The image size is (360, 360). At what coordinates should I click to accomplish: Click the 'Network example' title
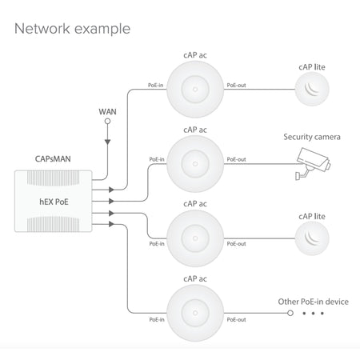[x=72, y=29]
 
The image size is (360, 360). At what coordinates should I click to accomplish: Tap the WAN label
[x=107, y=111]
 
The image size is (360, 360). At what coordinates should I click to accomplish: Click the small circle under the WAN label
[x=107, y=122]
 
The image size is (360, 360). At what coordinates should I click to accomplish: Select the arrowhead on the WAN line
[x=107, y=142]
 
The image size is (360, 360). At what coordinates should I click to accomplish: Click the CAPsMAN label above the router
[x=53, y=159]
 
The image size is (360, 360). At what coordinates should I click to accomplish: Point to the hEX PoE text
[x=54, y=202]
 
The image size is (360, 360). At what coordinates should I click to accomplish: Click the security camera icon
[x=313, y=163]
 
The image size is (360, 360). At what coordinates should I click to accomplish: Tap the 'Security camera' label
[x=312, y=137]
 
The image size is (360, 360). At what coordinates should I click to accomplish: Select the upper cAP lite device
[x=312, y=89]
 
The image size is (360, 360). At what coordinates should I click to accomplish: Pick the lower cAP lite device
[x=312, y=238]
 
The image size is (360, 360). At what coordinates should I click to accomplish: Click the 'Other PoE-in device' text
[x=313, y=302]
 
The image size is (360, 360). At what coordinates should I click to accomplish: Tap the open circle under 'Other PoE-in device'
[x=290, y=313]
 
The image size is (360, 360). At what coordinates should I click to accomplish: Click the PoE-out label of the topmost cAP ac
[x=236, y=86]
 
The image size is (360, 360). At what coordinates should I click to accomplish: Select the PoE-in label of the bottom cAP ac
[x=157, y=319]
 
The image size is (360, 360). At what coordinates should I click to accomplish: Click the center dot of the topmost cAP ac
[x=195, y=90]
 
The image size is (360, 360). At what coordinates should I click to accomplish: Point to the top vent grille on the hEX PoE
[x=54, y=178]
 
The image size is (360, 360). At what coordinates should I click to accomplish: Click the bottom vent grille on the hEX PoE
[x=54, y=224]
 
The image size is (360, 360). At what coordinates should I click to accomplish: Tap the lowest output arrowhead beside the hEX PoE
[x=111, y=224]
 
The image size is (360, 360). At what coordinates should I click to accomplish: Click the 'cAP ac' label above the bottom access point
[x=195, y=278]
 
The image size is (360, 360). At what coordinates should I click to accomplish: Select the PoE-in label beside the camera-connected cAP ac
[x=157, y=159]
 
